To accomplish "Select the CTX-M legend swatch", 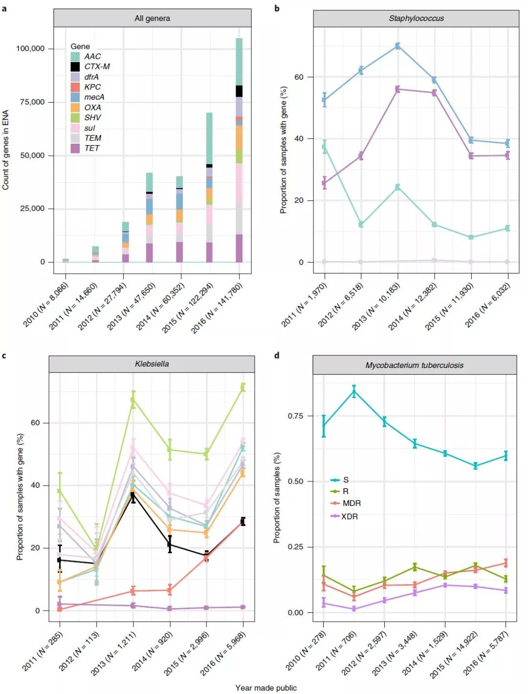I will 75,66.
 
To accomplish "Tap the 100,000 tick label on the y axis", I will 30,48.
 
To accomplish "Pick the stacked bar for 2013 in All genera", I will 150,217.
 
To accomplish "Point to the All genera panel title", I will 152,19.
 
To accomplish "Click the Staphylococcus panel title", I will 416,19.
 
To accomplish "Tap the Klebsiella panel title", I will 152,364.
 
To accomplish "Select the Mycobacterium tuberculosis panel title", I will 414,365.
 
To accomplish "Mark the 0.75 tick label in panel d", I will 295,416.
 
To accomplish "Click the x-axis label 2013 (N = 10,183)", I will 377,306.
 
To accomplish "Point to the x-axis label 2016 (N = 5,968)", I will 223,653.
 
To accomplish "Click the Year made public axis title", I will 266,688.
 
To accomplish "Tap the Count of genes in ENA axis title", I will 6,150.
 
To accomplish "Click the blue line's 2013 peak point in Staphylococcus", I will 397,46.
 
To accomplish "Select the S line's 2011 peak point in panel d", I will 354,391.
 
